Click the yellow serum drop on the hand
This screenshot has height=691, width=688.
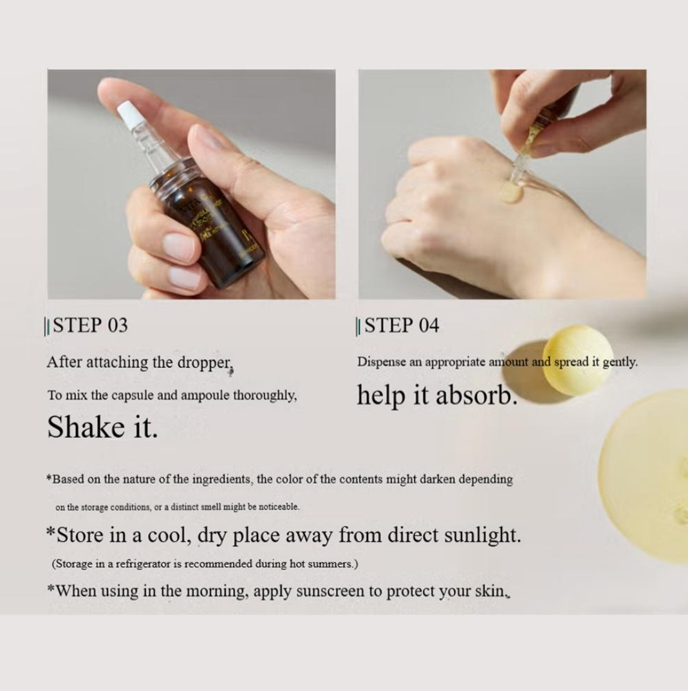[511, 193]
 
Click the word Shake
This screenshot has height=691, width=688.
[80, 427]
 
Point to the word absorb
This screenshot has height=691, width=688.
[476, 395]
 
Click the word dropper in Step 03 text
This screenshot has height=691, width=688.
[205, 362]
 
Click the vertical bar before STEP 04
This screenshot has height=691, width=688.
[357, 327]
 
